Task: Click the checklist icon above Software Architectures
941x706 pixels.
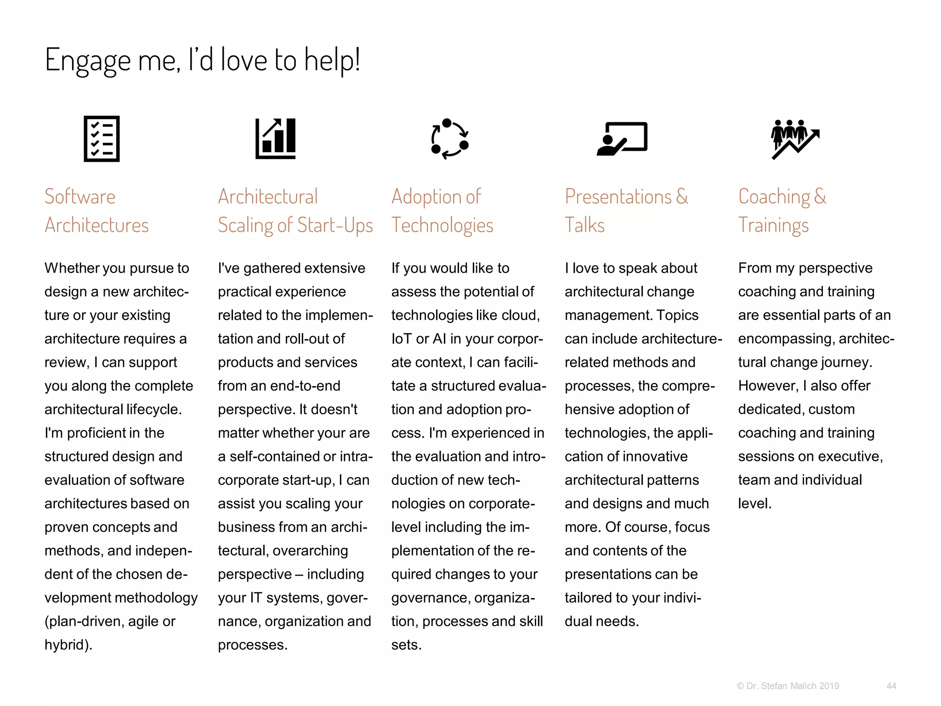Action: [x=102, y=138]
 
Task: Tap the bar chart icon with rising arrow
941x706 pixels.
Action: [x=276, y=138]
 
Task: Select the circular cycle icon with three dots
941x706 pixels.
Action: [x=449, y=138]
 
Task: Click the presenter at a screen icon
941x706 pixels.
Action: [x=622, y=138]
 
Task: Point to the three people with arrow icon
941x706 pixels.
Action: [x=795, y=139]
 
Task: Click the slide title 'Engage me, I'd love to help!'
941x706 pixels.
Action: [x=202, y=60]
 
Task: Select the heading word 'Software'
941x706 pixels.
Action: [x=80, y=197]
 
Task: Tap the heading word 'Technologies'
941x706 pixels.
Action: [x=442, y=225]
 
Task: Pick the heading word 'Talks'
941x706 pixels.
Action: [x=584, y=225]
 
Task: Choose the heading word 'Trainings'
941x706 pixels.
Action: [x=773, y=225]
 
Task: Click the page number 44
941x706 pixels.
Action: [x=891, y=686]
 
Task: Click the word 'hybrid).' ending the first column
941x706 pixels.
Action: [x=68, y=644]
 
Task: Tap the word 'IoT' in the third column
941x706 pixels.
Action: [x=402, y=339]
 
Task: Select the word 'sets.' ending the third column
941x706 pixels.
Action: [x=406, y=644]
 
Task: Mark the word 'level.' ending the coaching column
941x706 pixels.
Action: [x=754, y=503]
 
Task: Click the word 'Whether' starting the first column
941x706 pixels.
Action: [x=71, y=268]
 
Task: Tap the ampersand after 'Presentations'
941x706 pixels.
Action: [x=682, y=197]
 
